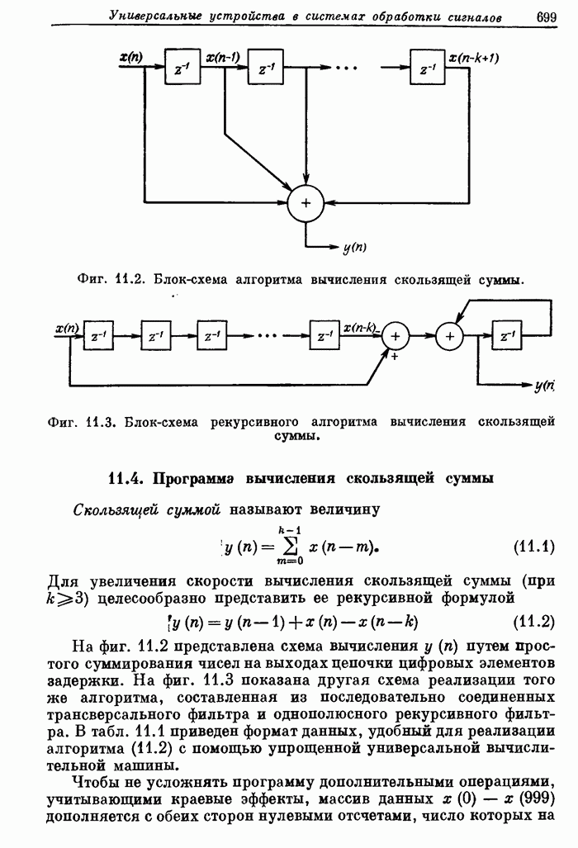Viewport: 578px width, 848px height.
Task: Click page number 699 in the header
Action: (547, 17)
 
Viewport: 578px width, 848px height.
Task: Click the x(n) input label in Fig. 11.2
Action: (131, 57)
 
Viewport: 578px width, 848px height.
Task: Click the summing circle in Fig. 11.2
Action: (306, 203)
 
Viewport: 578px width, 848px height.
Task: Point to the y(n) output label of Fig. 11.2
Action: (355, 248)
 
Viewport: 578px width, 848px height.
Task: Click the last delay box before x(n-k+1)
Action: (427, 67)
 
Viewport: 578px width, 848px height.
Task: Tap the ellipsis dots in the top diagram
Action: (346, 68)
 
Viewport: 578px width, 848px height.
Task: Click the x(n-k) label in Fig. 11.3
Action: (361, 328)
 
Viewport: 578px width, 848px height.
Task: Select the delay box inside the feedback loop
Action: (506, 335)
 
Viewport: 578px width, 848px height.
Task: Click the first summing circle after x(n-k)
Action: (396, 336)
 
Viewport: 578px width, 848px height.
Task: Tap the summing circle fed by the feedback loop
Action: (450, 336)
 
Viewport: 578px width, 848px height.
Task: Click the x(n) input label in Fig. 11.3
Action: (67, 328)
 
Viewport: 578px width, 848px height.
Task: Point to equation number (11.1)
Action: (534, 547)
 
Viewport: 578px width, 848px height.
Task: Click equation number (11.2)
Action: (534, 622)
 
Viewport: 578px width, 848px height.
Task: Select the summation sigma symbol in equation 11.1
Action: (291, 547)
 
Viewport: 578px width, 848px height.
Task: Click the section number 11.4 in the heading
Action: (127, 479)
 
